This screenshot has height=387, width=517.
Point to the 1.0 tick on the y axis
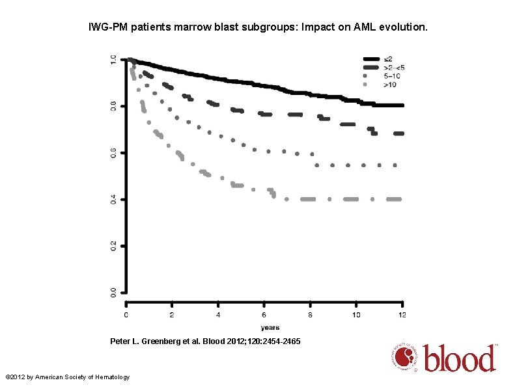pyautogui.click(x=113, y=60)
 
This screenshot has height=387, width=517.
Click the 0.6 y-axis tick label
pyautogui.click(x=113, y=153)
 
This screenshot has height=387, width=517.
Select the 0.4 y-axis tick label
pyautogui.click(x=113, y=200)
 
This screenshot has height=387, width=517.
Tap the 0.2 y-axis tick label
pyautogui.click(x=113, y=246)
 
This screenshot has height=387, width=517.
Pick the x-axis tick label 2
pyautogui.click(x=172, y=314)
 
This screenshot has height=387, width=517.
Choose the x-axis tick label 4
pyautogui.click(x=218, y=314)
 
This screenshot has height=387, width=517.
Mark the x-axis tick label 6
pyautogui.click(x=264, y=314)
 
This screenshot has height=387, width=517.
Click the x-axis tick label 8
pyautogui.click(x=311, y=314)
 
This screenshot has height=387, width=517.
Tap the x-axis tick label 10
pyautogui.click(x=356, y=314)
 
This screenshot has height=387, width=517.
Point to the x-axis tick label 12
pyautogui.click(x=402, y=314)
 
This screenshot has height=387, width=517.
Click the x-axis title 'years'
pyautogui.click(x=270, y=327)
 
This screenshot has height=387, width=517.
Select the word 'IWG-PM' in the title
pyautogui.click(x=106, y=29)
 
